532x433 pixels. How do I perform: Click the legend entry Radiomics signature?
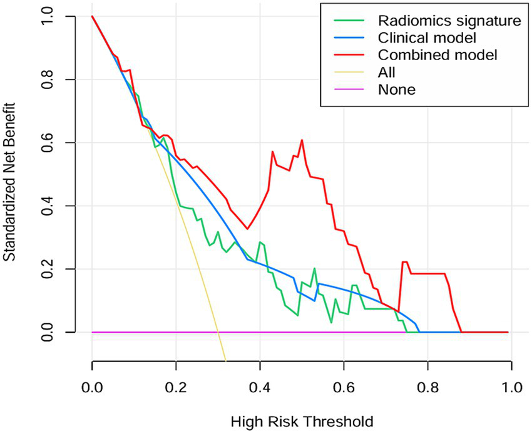[449, 21]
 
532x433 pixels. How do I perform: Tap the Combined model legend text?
[437, 55]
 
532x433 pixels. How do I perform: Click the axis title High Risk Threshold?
[302, 420]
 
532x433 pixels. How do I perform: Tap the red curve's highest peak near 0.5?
[302, 140]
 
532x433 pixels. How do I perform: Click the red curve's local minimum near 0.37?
[248, 229]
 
